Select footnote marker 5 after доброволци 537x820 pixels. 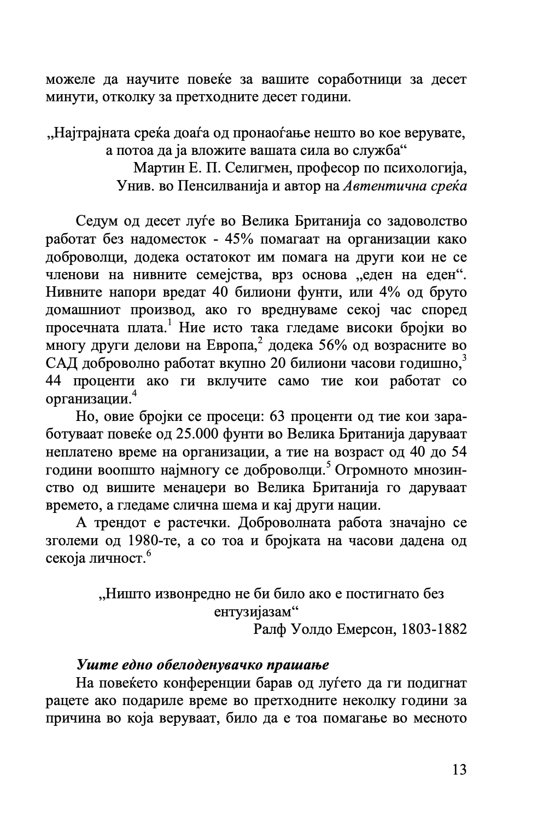329,465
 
